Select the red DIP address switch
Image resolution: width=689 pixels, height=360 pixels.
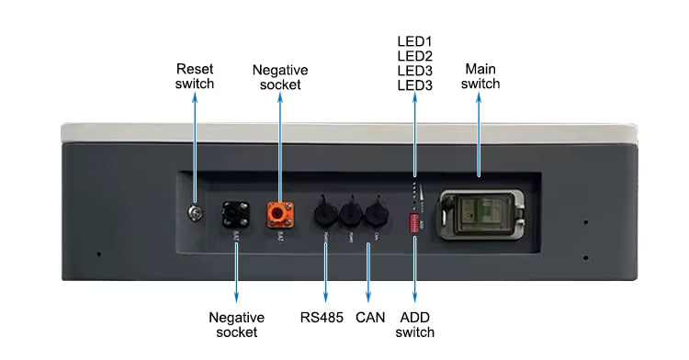pos(415,221)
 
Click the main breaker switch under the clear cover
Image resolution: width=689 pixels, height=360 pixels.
pos(476,212)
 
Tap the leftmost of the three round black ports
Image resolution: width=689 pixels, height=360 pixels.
pos(326,213)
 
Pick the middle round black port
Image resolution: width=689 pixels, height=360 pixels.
pos(350,213)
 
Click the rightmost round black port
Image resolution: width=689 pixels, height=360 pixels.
pos(374,213)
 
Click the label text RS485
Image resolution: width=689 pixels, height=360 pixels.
pos(322,319)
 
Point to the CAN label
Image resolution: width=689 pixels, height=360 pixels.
pos(369,319)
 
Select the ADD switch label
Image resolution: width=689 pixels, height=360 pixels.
pos(414,325)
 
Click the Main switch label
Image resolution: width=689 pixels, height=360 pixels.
pos(480,76)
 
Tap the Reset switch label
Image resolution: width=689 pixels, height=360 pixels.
pos(195,76)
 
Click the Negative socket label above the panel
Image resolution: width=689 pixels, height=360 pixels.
pos(280,77)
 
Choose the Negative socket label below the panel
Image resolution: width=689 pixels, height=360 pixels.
pos(237,325)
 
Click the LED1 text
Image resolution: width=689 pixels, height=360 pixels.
pos(414,42)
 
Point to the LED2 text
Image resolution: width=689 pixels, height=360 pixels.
pos(414,57)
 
